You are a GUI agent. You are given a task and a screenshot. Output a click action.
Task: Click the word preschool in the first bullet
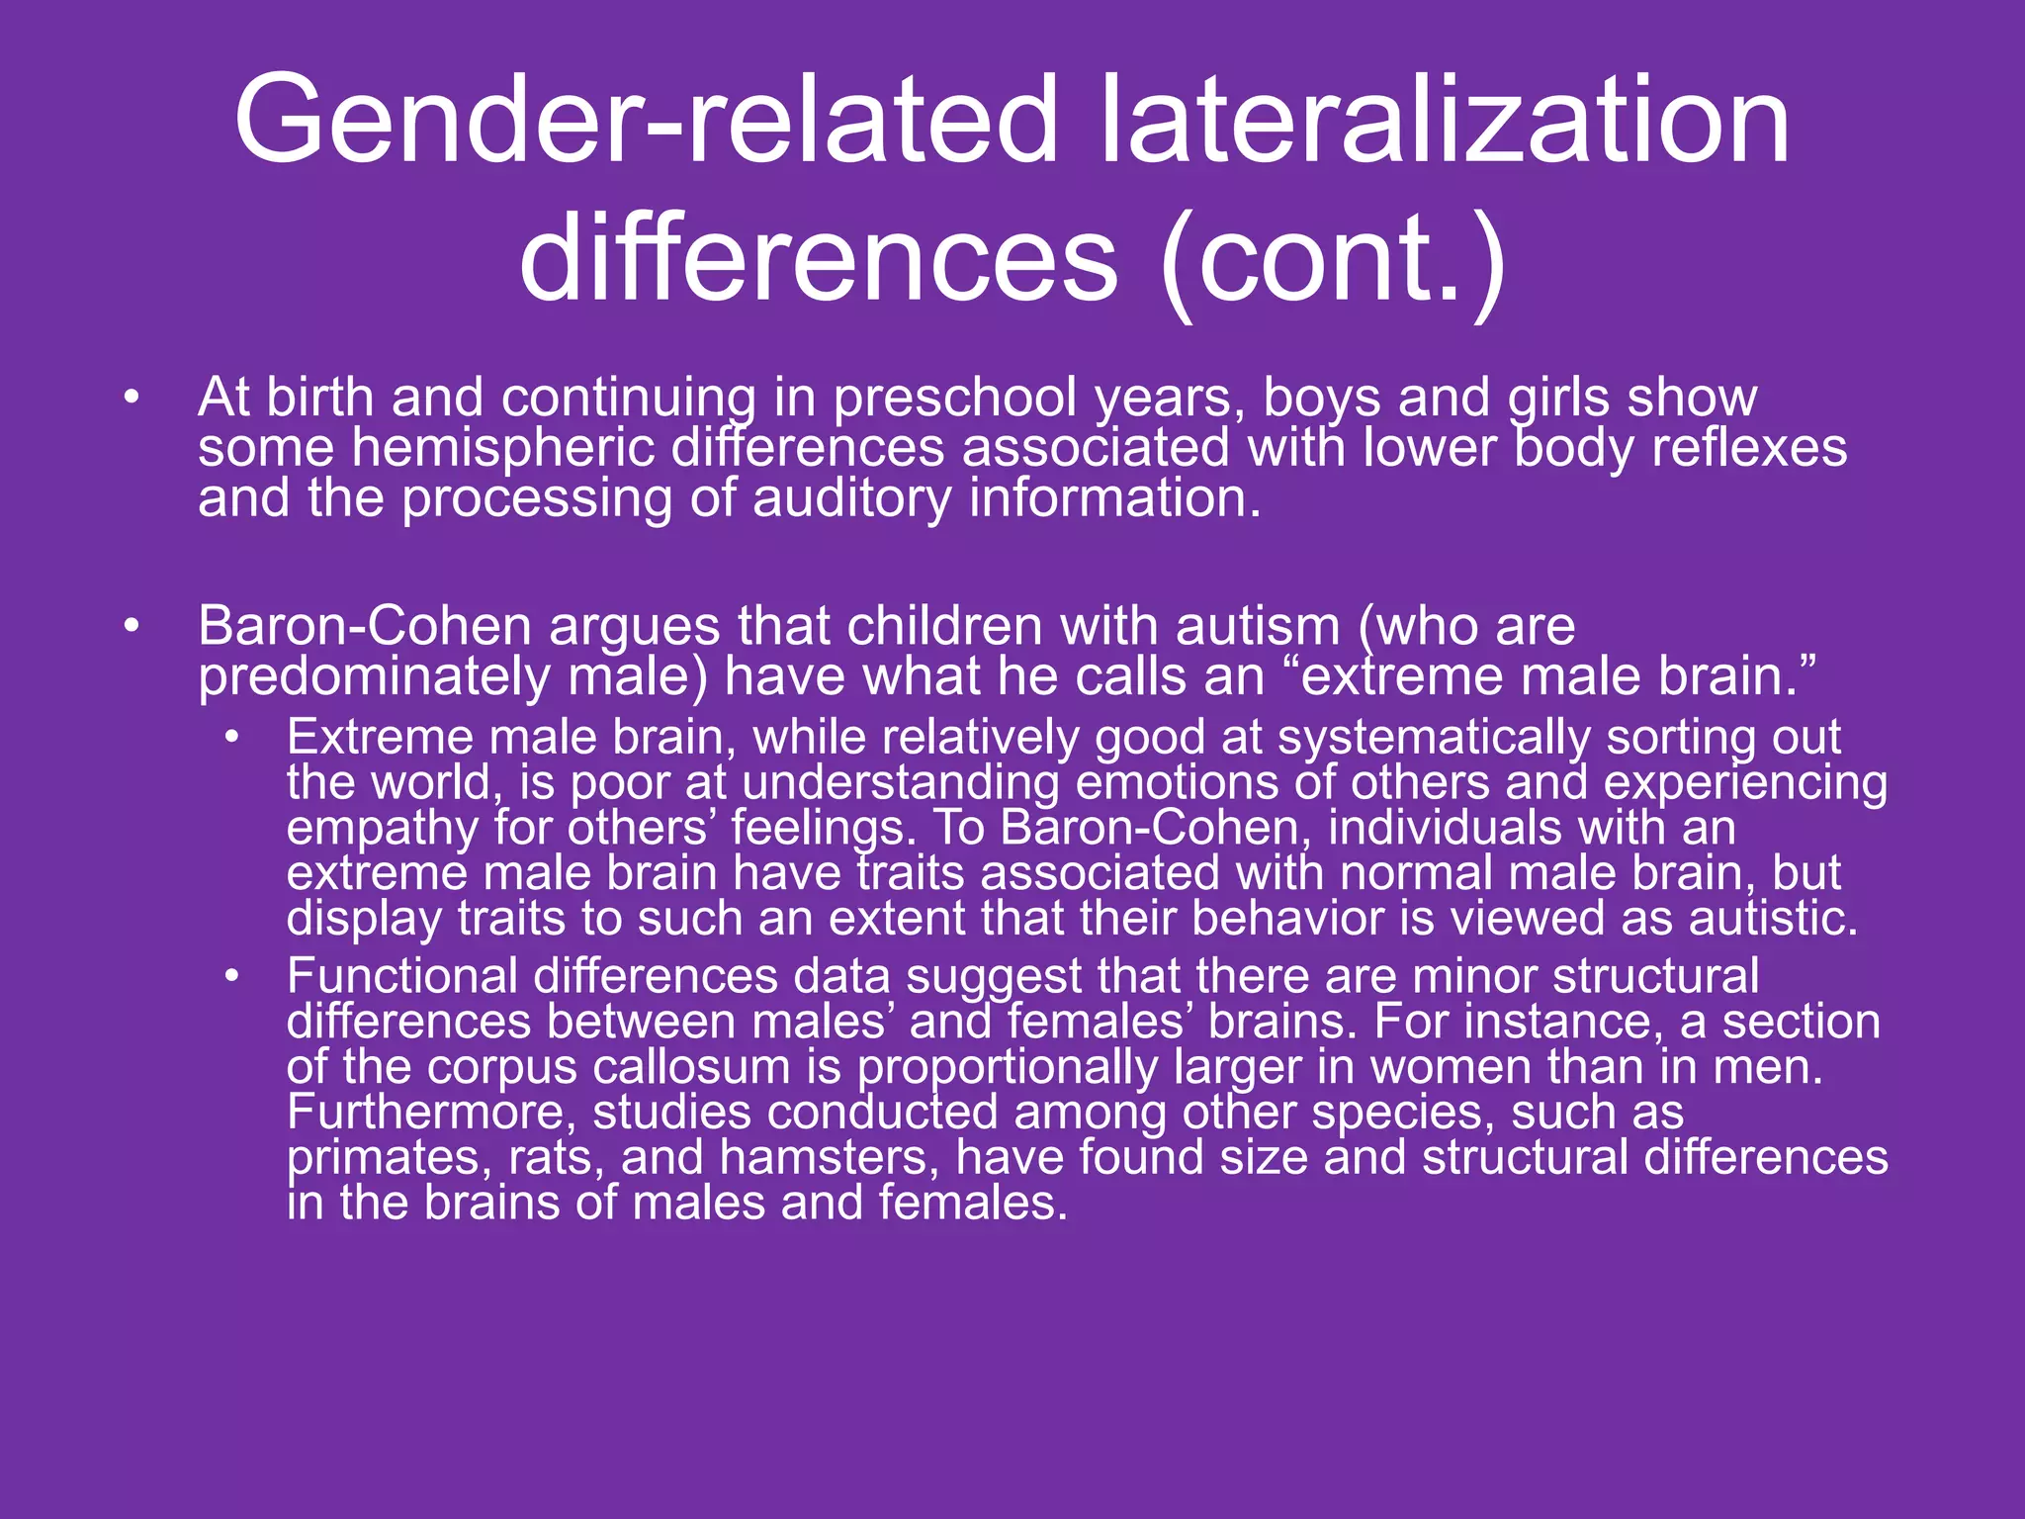(953, 399)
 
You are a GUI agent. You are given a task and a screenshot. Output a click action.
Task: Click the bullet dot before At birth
(132, 399)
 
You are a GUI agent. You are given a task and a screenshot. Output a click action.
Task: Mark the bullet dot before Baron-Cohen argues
(132, 627)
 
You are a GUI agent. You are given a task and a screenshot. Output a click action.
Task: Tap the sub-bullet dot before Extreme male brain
(231, 738)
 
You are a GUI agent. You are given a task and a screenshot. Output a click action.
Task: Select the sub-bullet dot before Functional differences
(231, 977)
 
